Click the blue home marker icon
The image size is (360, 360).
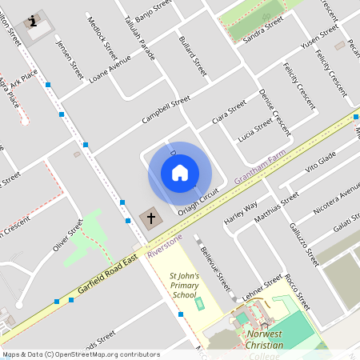coord(180,173)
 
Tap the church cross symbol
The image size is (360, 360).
coord(150,218)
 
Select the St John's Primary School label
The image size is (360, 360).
coord(183,286)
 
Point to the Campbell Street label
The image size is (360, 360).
coord(165,110)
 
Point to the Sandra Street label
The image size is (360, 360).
coord(263,32)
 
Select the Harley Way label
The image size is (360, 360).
coord(241,210)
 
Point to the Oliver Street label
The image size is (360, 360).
coord(68,236)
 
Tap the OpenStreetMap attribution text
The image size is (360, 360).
coord(81,354)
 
